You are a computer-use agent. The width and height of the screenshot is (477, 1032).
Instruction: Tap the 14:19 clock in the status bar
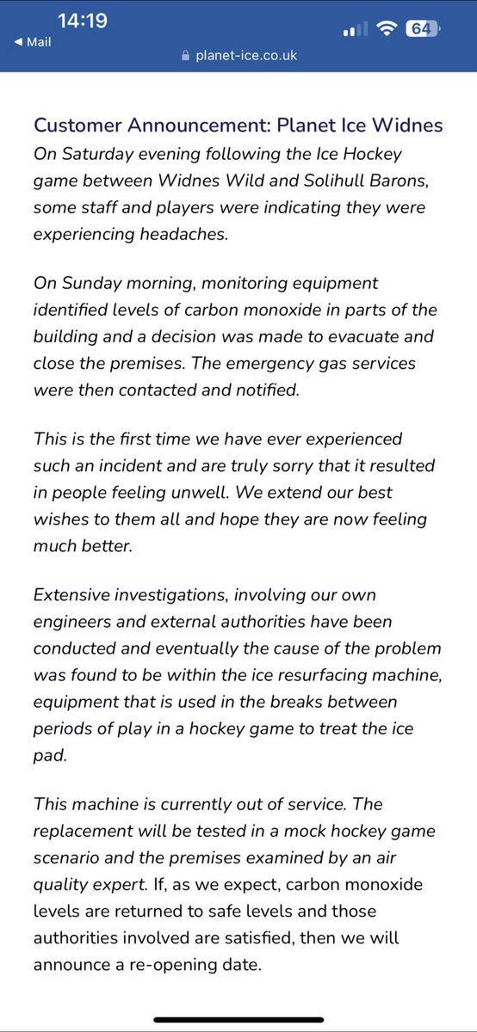pyautogui.click(x=84, y=20)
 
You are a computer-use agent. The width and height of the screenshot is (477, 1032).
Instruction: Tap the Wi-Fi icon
pyautogui.click(x=387, y=28)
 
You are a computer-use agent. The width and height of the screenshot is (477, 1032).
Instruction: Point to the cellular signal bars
pyautogui.click(x=355, y=30)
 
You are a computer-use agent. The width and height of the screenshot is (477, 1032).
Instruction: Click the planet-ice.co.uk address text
pyautogui.click(x=247, y=54)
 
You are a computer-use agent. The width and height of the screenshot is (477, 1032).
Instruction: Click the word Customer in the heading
pyautogui.click(x=75, y=126)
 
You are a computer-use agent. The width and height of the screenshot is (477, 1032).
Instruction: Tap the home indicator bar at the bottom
pyautogui.click(x=238, y=1021)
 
